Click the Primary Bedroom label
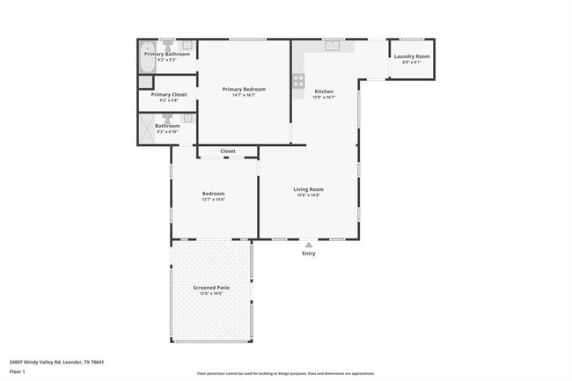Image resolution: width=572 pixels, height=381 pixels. tap(244, 89)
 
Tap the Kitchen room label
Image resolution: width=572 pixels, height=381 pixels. tap(324, 92)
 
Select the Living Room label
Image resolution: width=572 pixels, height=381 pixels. tap(309, 189)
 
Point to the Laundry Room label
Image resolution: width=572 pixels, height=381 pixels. tap(412, 56)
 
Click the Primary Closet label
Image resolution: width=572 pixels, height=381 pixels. tap(168, 94)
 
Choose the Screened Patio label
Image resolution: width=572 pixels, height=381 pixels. tap(211, 288)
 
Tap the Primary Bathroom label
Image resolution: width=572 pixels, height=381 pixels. tap(167, 55)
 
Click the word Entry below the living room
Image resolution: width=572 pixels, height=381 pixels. tap(308, 253)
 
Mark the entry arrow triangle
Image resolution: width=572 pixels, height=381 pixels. tap(308, 245)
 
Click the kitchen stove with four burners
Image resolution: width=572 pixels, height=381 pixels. tap(298, 81)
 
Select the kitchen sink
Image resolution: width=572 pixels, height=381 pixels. tap(332, 46)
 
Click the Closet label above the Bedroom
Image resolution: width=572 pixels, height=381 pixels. tap(228, 151)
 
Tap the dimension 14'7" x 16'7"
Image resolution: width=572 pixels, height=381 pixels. tap(244, 95)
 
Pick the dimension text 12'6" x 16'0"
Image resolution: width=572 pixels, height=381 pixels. tap(211, 294)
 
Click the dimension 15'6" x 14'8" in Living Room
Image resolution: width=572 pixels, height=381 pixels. tap(309, 195)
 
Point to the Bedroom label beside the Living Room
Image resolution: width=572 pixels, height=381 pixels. tap(214, 194)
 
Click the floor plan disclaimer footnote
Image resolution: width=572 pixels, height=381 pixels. tap(285, 373)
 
